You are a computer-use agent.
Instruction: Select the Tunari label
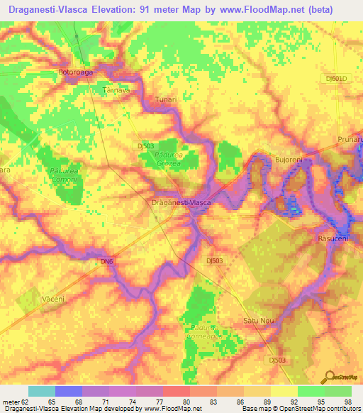pyautogui.click(x=165, y=100)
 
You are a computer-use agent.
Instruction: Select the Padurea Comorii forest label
pyautogui.click(x=65, y=175)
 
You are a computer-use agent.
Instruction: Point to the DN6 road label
pyautogui.click(x=106, y=262)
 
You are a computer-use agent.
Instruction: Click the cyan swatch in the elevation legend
pyautogui.click(x=41, y=391)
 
